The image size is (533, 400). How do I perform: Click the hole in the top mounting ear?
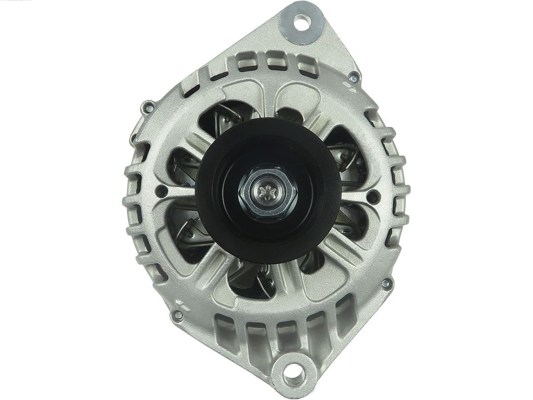click(301, 21)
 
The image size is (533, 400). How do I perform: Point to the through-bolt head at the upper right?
click(353, 78)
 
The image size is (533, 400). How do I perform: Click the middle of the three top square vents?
click(273, 62)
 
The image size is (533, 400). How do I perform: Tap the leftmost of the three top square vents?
click(243, 63)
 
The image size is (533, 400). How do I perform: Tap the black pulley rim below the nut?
click(269, 247)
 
